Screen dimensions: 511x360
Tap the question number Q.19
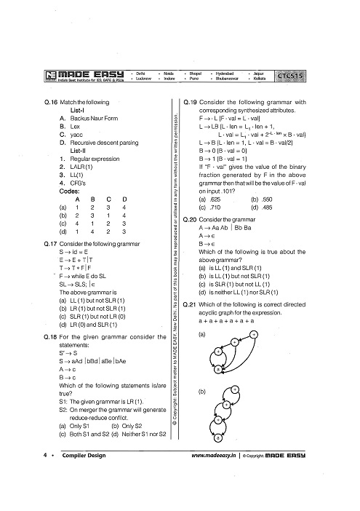[191, 103]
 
